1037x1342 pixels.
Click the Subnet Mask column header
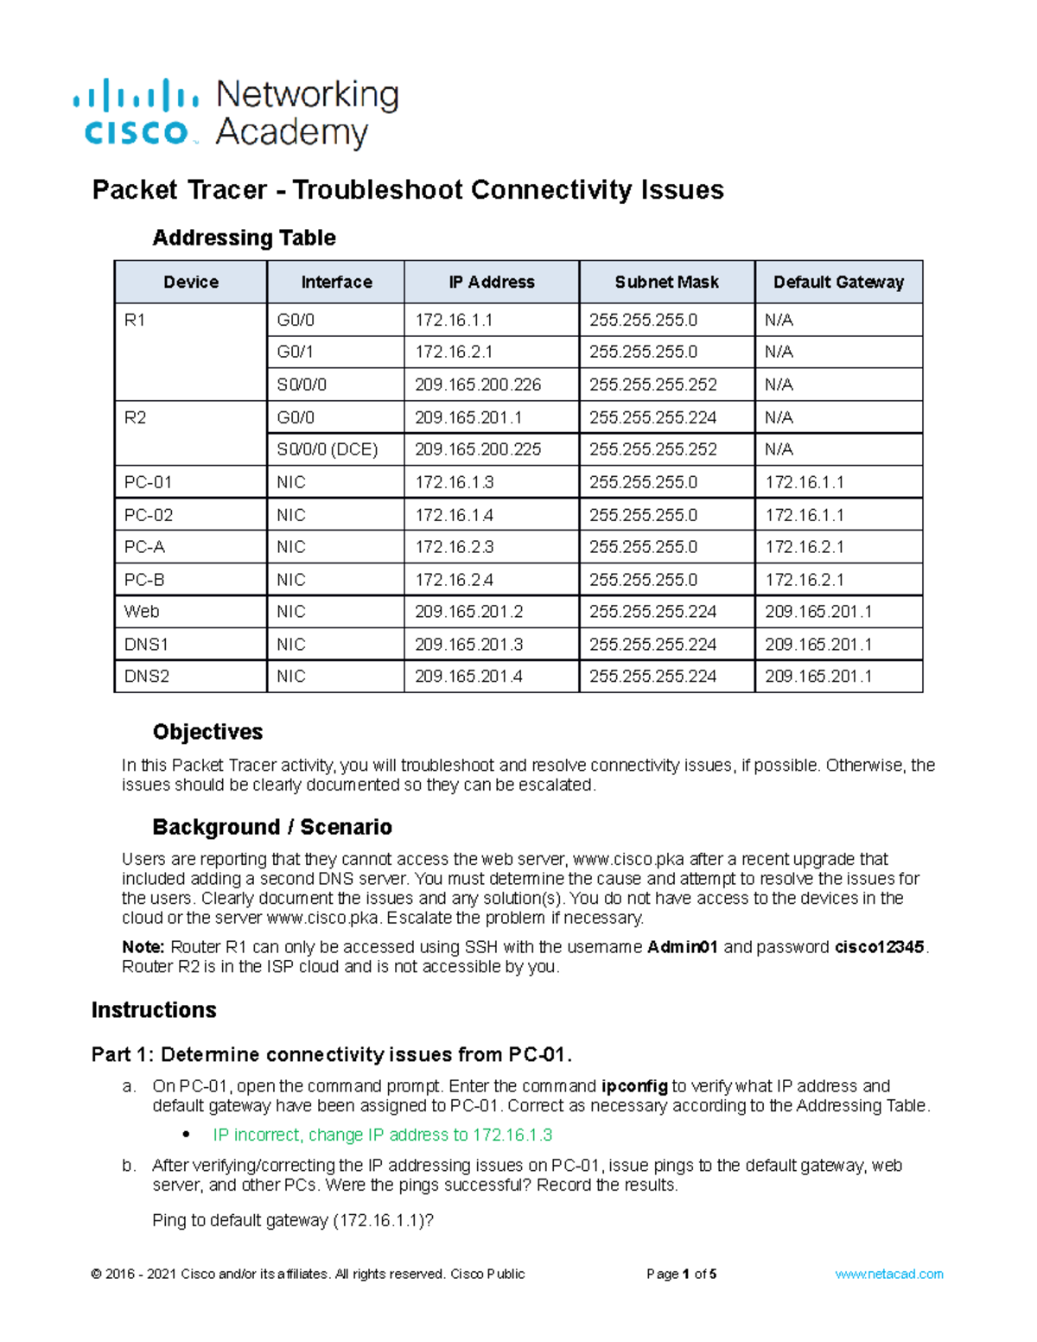666,283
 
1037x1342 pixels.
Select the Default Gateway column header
838,283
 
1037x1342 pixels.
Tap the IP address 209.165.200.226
478,385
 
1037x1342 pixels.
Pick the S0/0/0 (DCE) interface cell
328,449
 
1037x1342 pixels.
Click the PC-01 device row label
148,482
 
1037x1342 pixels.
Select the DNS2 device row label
146,677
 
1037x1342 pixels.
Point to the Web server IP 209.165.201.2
468,612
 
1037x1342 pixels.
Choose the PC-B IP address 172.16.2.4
455,580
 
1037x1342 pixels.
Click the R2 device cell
136,418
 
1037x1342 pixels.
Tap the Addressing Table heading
244,238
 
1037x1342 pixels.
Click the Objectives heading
207,732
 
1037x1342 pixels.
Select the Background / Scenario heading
271,827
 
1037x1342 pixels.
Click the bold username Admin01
683,947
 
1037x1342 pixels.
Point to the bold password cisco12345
880,947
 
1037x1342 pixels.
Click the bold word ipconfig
633,1086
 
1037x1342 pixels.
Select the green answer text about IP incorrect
382,1135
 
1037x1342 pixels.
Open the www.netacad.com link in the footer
888,1274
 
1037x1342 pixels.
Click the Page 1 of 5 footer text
681,1274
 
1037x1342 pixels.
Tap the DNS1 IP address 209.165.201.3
468,645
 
